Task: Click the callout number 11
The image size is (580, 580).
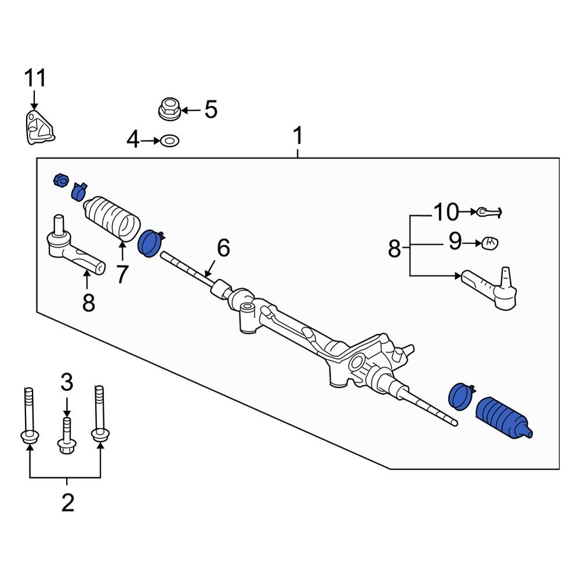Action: point(34,78)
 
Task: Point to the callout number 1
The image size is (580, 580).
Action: point(298,137)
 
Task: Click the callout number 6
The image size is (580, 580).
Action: point(223,248)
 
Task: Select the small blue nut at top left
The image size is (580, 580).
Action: point(60,181)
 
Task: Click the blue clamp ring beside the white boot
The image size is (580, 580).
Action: point(150,242)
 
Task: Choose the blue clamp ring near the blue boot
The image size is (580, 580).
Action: point(462,397)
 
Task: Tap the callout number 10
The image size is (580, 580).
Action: point(445,212)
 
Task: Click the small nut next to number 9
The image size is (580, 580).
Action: point(490,242)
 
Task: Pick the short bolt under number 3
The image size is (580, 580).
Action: point(67,435)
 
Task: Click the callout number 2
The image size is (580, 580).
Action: point(67,503)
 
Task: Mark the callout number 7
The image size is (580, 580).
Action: point(121,274)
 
